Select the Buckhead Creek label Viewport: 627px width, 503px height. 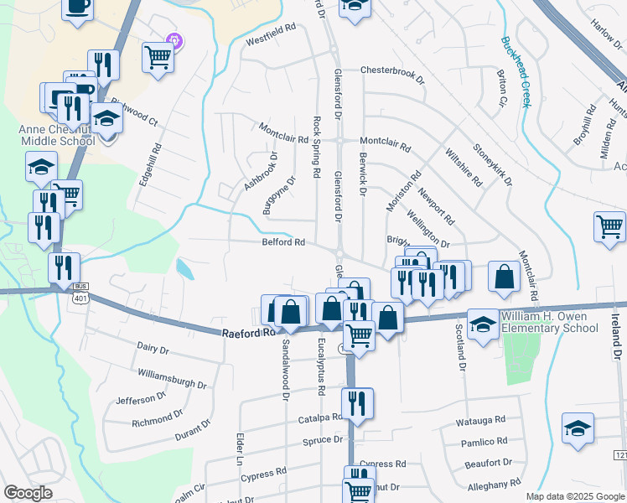517,72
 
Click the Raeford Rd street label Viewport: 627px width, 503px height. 249,333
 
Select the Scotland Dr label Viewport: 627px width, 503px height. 460,346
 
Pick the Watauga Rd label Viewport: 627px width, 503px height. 483,419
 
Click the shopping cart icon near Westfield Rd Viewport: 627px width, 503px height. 157,57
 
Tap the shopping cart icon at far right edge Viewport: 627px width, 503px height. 609,226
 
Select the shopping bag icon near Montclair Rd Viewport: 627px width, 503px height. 503,277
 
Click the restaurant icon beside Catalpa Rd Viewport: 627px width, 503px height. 358,403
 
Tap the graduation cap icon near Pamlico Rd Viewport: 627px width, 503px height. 578,428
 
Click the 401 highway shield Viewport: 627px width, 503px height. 80,298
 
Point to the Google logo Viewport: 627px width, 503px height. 27,493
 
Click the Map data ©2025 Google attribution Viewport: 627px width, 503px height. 575,496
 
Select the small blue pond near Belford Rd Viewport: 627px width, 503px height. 184,268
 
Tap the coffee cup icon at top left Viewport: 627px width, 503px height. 77,7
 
